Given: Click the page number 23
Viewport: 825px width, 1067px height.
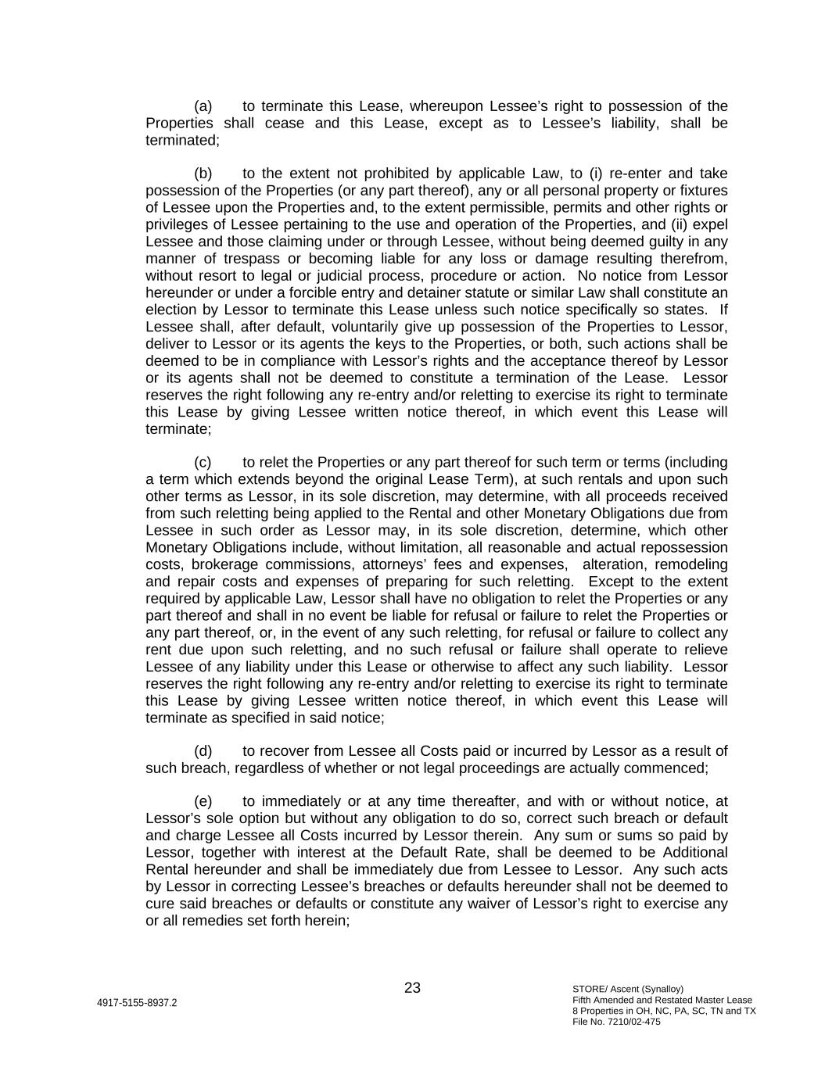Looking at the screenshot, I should (x=412, y=988).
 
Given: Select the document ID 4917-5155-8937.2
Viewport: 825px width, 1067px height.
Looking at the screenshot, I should (x=137, y=1003).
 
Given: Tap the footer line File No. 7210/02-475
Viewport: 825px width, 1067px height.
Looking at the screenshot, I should (x=616, y=1022).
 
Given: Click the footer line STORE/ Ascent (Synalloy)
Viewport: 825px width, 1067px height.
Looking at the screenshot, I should (x=628, y=989).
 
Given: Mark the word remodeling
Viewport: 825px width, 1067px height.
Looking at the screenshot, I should (x=690, y=564).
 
